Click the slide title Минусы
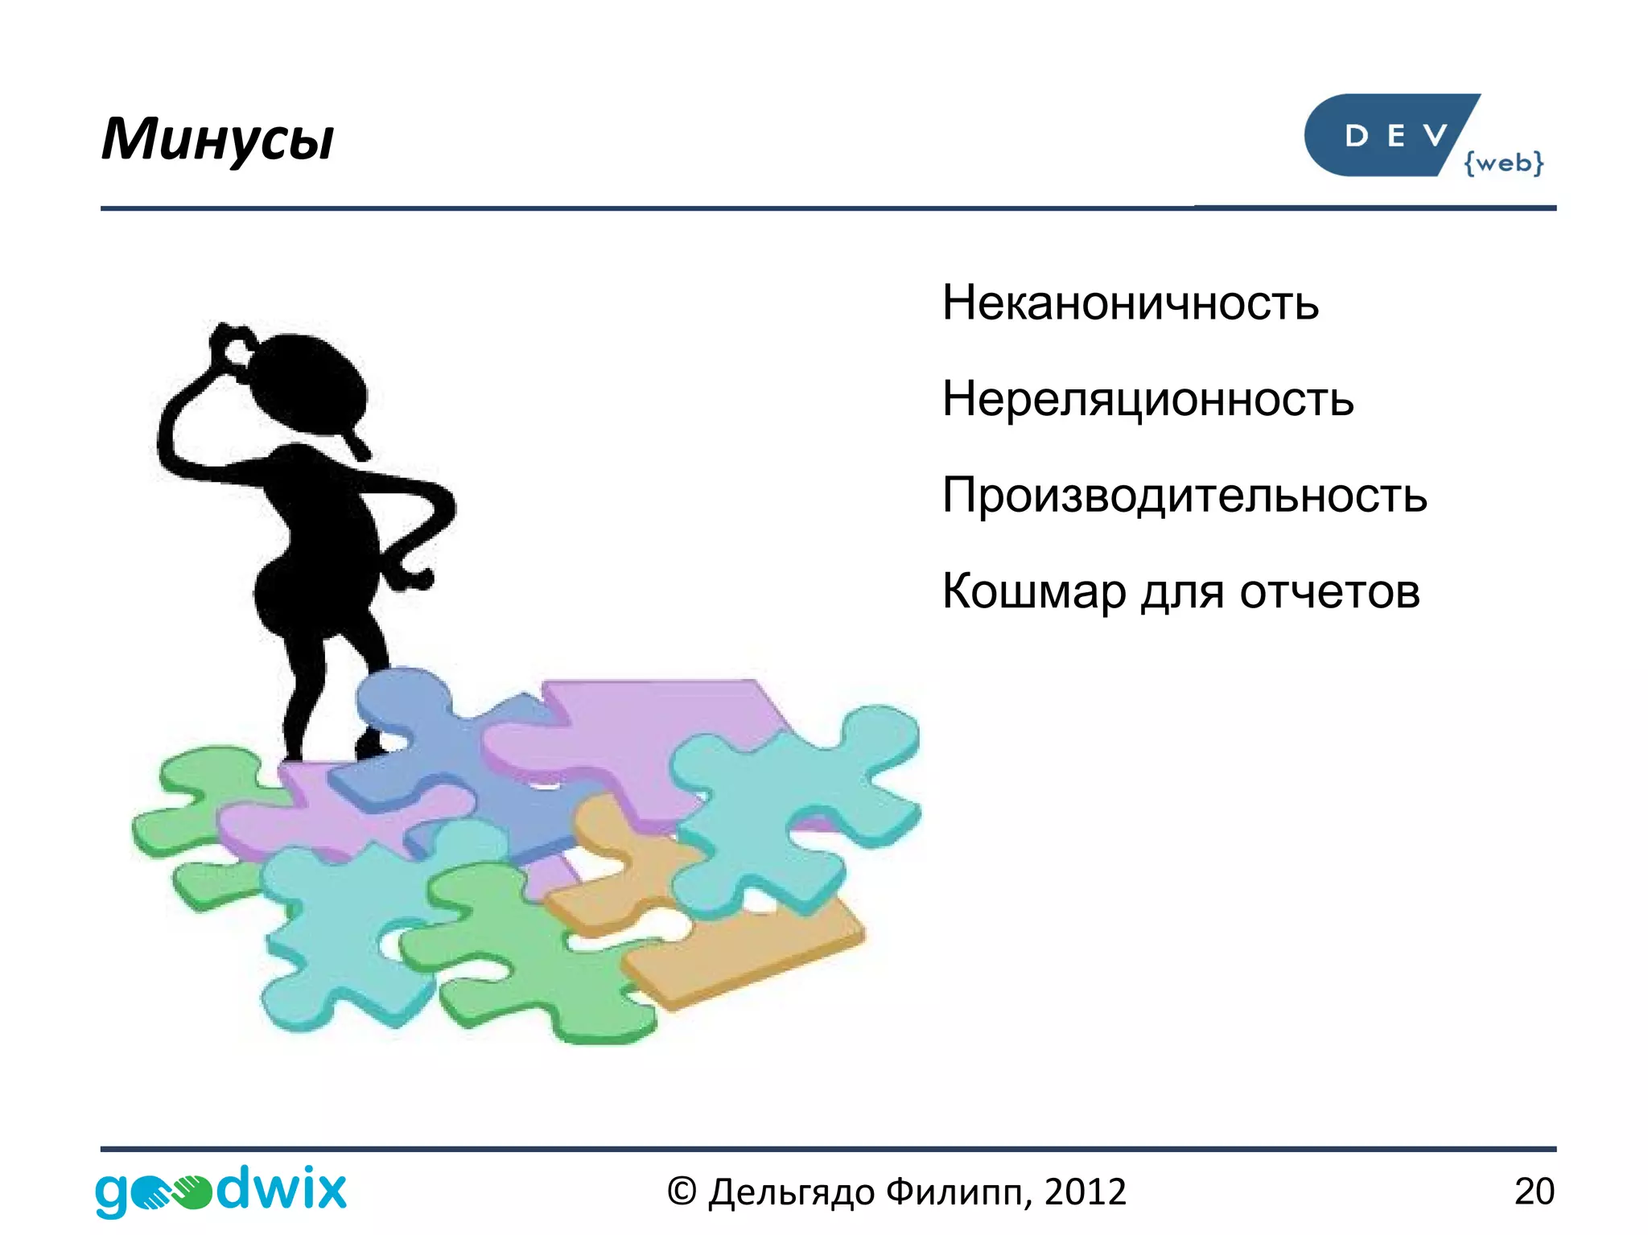(217, 139)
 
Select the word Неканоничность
(1130, 303)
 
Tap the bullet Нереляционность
(1147, 399)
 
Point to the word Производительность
(1184, 495)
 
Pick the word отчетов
(1329, 591)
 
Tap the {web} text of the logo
(1503, 163)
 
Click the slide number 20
(1534, 1191)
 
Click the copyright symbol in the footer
(681, 1192)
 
